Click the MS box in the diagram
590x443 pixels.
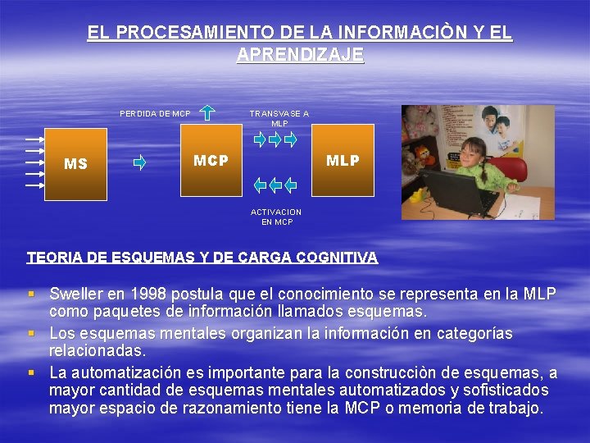coord(75,163)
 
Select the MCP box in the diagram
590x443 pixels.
coord(211,160)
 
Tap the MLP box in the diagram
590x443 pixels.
coord(343,160)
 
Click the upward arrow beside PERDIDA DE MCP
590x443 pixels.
coord(208,112)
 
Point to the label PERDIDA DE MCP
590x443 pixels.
coord(155,113)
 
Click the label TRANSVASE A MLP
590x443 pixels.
coord(279,118)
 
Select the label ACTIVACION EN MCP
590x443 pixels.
coord(276,217)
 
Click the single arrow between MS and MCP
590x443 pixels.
coord(139,162)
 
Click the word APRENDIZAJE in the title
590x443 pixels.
coord(300,55)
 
